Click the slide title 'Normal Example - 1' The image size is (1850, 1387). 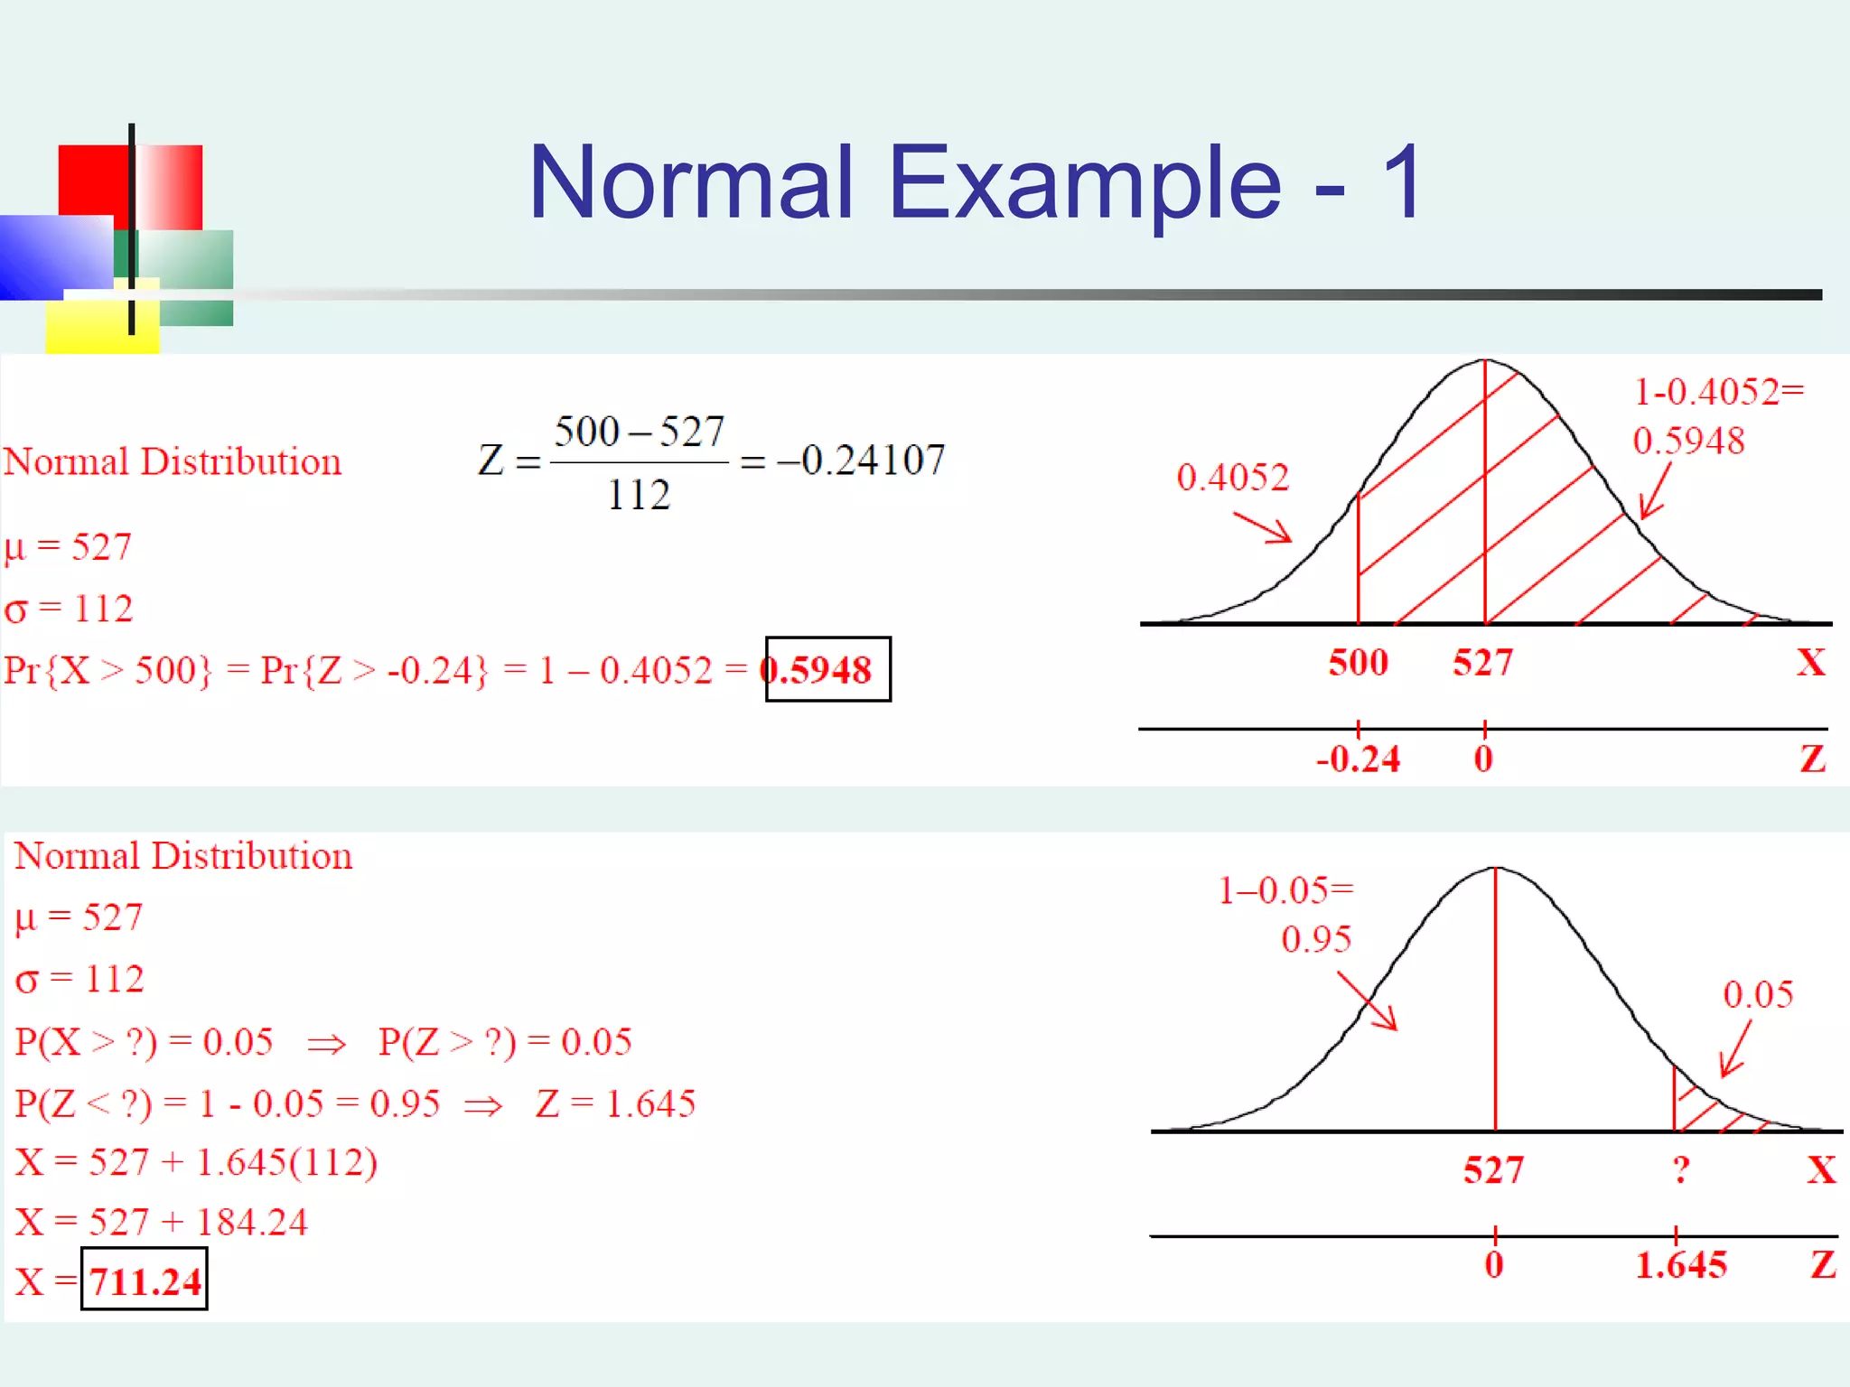pyautogui.click(x=976, y=182)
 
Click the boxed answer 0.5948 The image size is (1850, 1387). pyautogui.click(x=827, y=669)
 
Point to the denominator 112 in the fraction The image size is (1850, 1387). pyautogui.click(x=639, y=495)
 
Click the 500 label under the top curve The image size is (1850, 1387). pyautogui.click(x=1358, y=663)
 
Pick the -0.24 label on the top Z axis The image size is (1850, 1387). pyautogui.click(x=1358, y=759)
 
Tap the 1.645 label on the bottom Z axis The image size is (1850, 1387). pyautogui.click(x=1680, y=1265)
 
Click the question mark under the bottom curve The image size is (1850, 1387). pyautogui.click(x=1680, y=1170)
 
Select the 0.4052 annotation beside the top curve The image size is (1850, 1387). pyautogui.click(x=1232, y=477)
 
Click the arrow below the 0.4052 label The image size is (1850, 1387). pyautogui.click(x=1263, y=527)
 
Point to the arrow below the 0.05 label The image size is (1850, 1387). pyautogui.click(x=1736, y=1048)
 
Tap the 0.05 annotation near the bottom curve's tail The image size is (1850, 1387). pyautogui.click(x=1757, y=994)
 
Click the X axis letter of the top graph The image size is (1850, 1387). pyautogui.click(x=1810, y=663)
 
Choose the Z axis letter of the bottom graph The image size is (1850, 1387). pyautogui.click(x=1823, y=1264)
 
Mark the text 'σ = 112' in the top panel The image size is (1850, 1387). pyautogui.click(x=69, y=609)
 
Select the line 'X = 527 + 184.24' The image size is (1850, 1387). pyautogui.click(x=161, y=1222)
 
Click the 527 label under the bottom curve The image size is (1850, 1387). pyautogui.click(x=1493, y=1170)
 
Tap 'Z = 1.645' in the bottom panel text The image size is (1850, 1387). pyautogui.click(x=615, y=1103)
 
